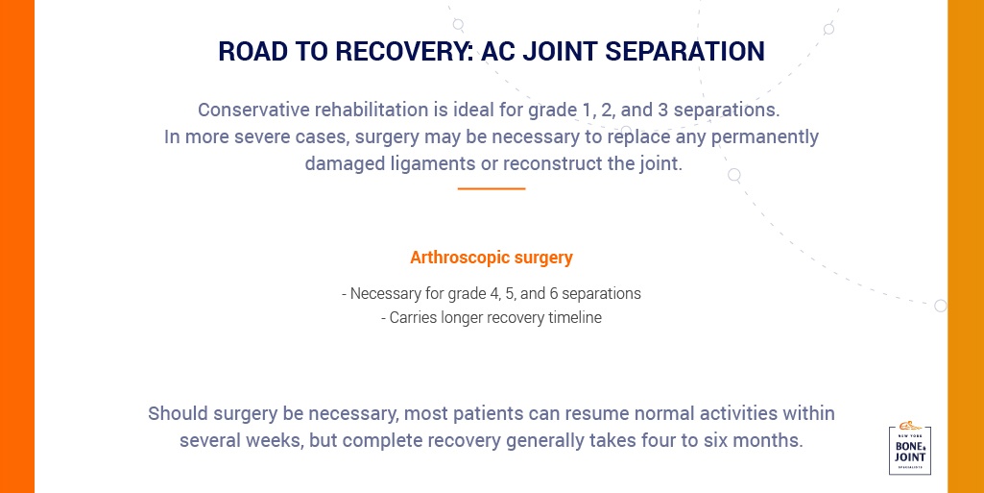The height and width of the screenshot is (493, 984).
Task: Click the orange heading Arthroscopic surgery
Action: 492,258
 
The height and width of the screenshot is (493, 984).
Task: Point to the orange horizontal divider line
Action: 492,188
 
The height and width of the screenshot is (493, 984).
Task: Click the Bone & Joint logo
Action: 909,449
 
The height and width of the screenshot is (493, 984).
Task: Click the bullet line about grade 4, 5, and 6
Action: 492,294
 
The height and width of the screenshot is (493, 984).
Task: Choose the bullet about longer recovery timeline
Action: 492,318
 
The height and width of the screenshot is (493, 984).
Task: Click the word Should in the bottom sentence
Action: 178,414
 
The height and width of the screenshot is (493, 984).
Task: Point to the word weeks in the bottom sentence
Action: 276,441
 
